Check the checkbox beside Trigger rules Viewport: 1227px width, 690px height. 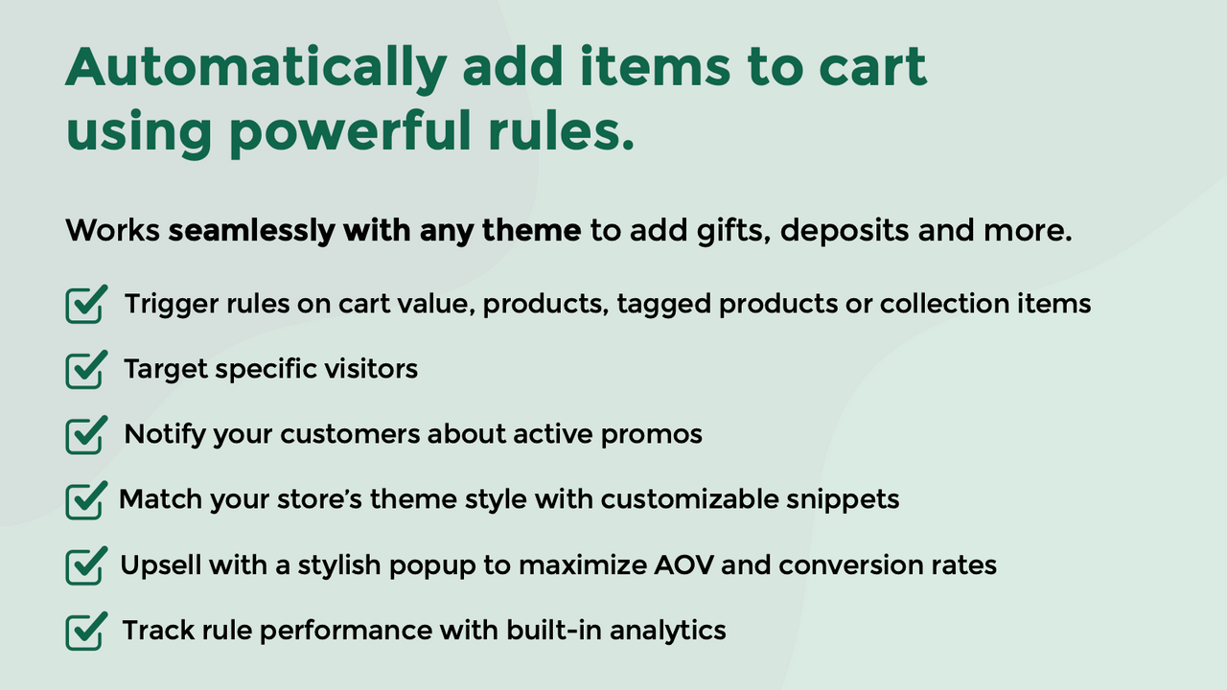coord(84,305)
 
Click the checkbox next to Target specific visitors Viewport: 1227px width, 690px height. coord(84,370)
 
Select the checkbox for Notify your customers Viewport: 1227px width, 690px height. coord(84,435)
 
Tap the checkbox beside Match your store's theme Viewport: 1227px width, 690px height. coord(84,500)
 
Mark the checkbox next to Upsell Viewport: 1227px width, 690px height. coord(84,565)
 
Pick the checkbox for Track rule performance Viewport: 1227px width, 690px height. coord(84,631)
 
